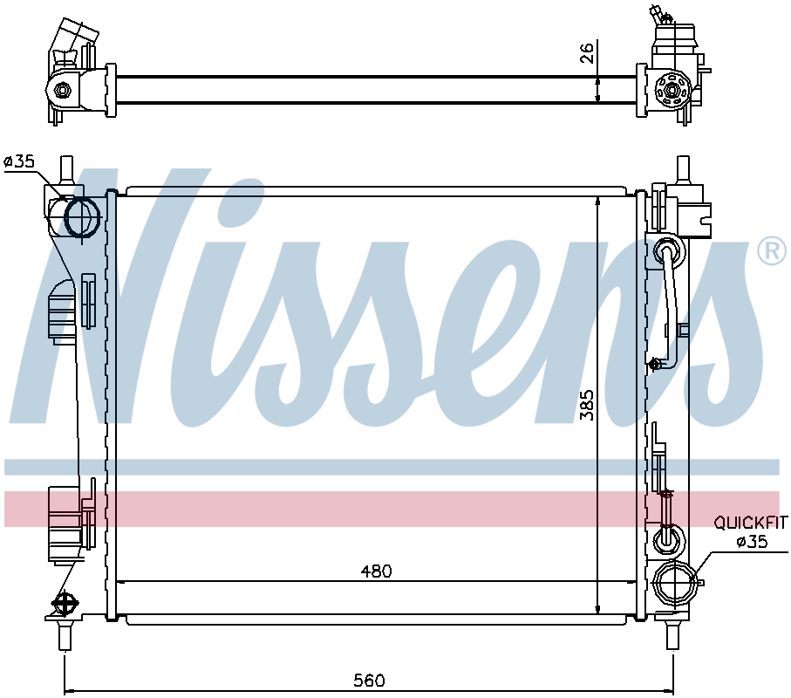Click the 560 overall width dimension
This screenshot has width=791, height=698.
pos(369,681)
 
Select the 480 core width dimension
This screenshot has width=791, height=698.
pos(377,571)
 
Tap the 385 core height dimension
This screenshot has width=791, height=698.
pos(587,405)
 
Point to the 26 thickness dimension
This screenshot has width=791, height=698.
pos(587,52)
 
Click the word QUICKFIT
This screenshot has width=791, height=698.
pos(750,523)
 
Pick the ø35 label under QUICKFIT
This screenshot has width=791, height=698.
pos(752,542)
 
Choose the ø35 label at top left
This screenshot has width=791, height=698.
pos(18,161)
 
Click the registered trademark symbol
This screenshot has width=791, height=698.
pos(772,250)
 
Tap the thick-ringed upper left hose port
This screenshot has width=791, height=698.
pos(81,217)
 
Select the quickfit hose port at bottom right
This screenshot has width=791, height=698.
pos(674,583)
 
